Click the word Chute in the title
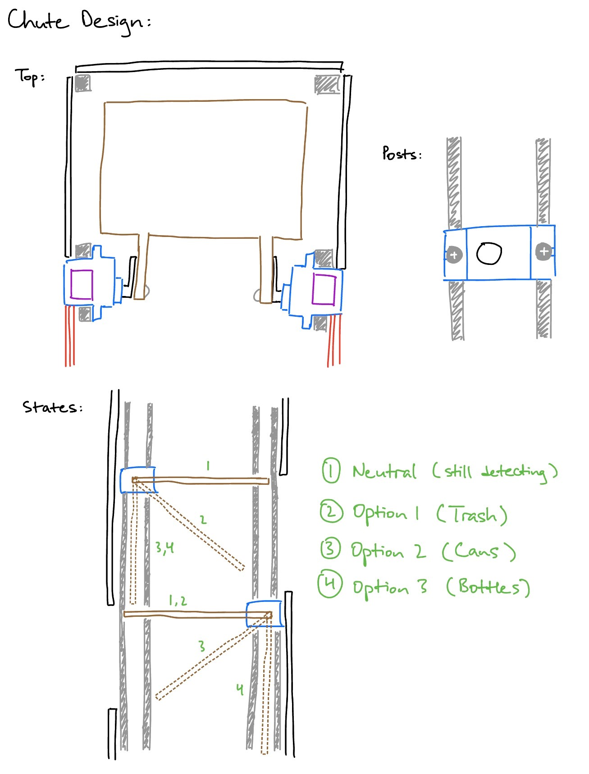38,21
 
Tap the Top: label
30,77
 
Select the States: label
52,407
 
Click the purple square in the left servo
82,284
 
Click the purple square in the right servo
324,289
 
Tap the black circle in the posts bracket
489,253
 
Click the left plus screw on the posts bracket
454,255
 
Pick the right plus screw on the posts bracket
543,251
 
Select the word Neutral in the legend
384,472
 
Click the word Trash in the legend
473,514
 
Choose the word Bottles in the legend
489,587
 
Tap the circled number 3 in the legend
330,549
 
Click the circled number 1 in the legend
331,471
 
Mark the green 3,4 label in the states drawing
164,547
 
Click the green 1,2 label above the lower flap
178,601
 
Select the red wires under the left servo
70,336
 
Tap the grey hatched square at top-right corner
327,85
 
